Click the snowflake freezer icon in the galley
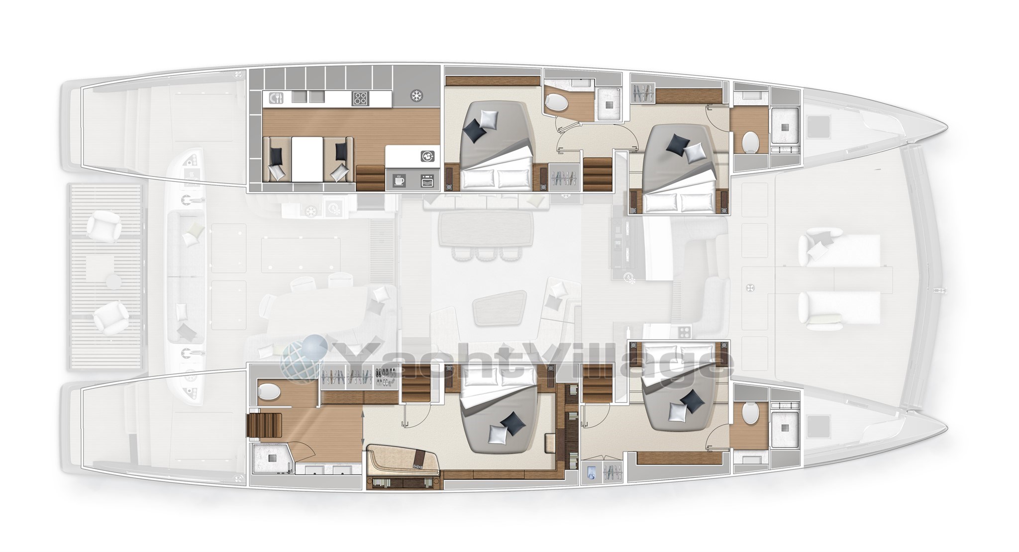416,96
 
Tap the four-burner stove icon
360,98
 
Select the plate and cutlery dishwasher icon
276,98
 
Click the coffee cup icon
399,180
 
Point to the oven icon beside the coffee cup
427,180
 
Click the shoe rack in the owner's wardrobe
386,376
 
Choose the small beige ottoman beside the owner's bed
550,443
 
